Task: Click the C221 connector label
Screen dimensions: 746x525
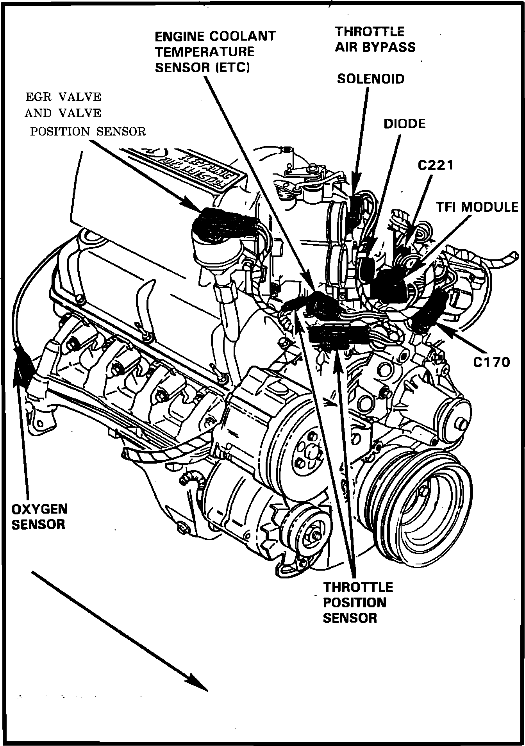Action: coord(436,165)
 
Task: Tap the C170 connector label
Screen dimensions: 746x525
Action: coord(492,362)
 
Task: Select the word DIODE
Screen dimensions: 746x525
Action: coord(404,124)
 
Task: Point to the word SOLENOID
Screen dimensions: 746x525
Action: coord(371,79)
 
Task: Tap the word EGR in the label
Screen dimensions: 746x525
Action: coord(37,96)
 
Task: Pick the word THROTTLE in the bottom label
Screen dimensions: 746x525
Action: coord(358,587)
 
